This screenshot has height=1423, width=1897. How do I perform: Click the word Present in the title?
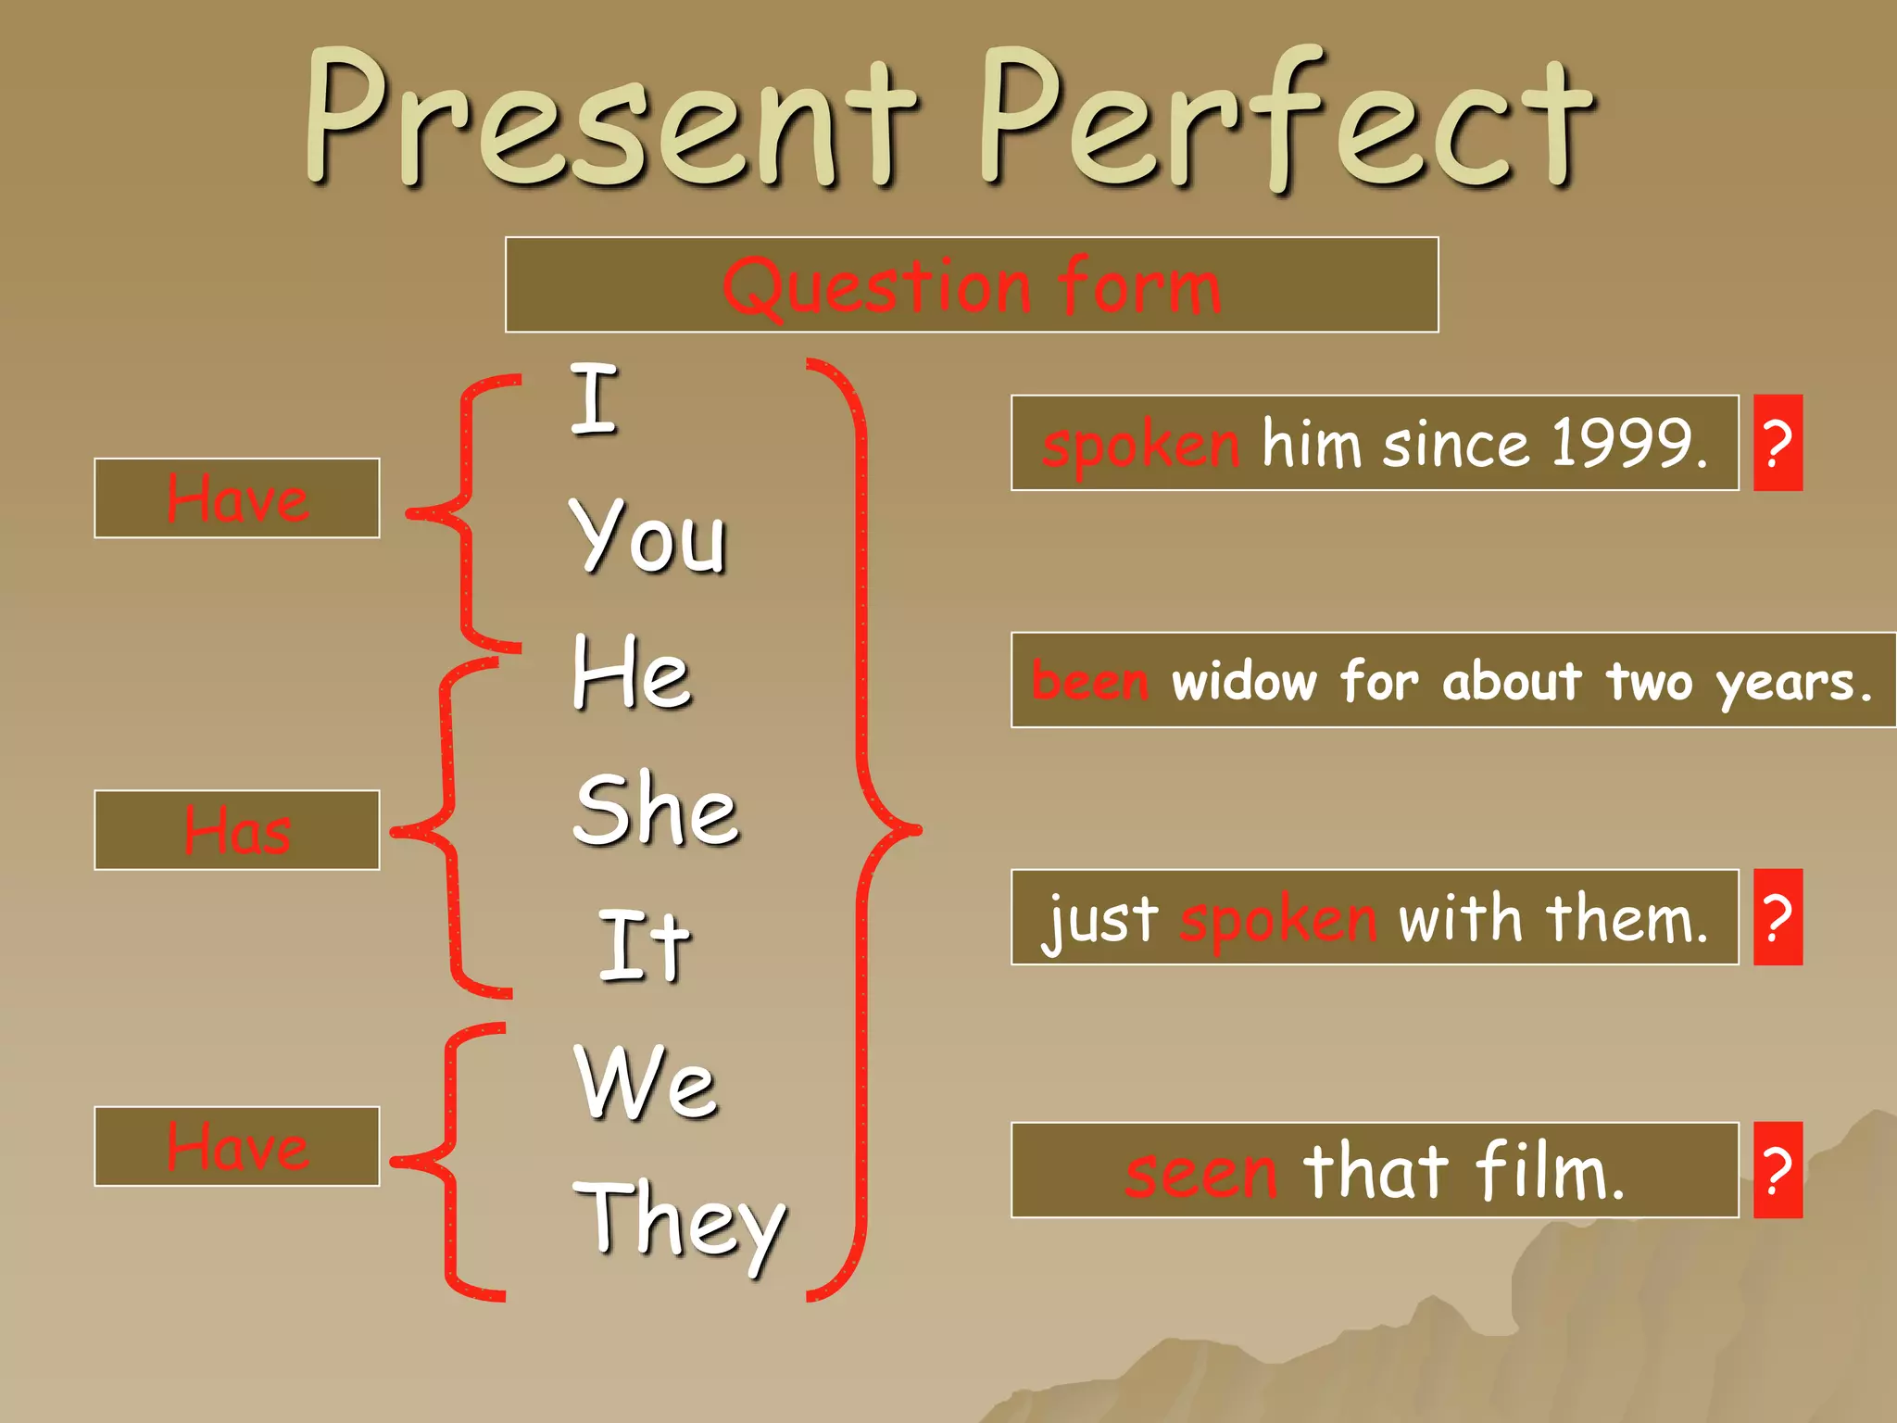[611, 120]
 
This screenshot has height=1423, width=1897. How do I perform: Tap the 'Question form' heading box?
[972, 284]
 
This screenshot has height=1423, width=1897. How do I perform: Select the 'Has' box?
[237, 830]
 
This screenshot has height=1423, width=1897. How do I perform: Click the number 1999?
[1627, 443]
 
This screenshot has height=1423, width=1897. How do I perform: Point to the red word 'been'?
[1090, 681]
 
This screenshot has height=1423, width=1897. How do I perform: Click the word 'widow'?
[1244, 681]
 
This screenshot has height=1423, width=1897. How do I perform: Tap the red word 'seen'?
[1201, 1172]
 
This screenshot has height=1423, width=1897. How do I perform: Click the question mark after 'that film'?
[1778, 1170]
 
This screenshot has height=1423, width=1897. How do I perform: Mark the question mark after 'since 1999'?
[1778, 443]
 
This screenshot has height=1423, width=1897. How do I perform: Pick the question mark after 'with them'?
[1778, 917]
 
